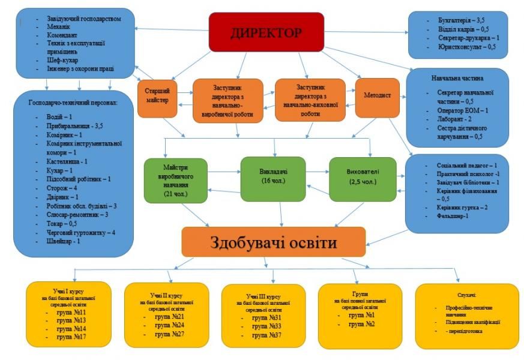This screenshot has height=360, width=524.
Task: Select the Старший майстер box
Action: click(158, 96)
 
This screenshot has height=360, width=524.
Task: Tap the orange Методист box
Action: click(377, 97)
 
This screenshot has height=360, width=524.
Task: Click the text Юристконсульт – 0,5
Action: click(466, 47)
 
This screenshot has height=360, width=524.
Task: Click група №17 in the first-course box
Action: click(71, 337)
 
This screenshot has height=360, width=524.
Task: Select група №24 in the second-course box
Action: click(169, 325)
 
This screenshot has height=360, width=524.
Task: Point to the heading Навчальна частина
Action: click(457, 79)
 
